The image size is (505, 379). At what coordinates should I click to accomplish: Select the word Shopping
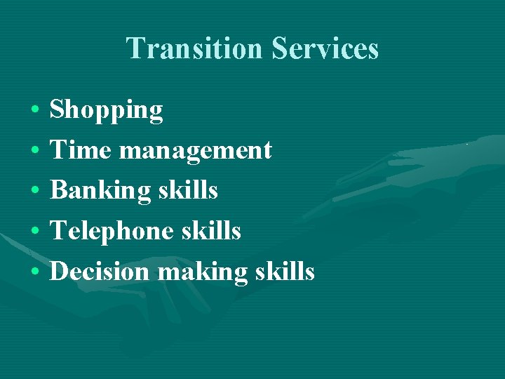click(x=107, y=110)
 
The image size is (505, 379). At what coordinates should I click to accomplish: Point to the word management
click(x=196, y=151)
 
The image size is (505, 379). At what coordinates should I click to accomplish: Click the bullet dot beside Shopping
click(x=34, y=111)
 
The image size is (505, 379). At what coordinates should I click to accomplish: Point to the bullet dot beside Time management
click(x=34, y=151)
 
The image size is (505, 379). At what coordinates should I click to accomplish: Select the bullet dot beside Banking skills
click(x=34, y=191)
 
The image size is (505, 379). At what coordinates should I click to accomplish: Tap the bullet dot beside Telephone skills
click(x=34, y=231)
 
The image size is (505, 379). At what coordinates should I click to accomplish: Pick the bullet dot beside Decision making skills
click(x=34, y=272)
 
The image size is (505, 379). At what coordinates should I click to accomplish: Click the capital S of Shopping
click(x=58, y=109)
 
